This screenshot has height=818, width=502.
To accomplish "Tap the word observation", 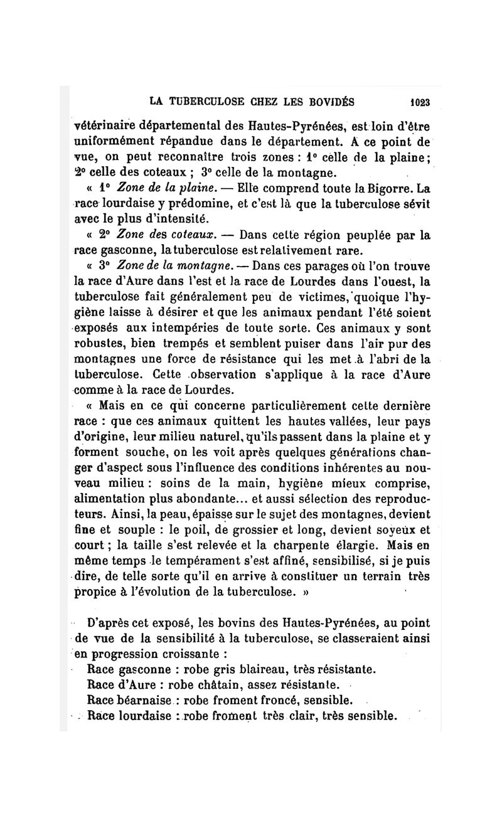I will pyautogui.click(x=227, y=374).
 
